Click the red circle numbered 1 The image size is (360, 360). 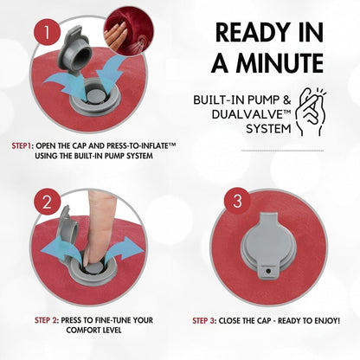[x=47, y=32]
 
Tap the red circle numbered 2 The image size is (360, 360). [x=48, y=202]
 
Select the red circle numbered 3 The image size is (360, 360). [x=237, y=201]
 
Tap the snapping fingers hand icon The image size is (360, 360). [x=311, y=112]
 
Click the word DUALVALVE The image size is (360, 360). [x=248, y=114]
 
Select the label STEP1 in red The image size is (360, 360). [x=22, y=145]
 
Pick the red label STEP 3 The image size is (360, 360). [x=204, y=321]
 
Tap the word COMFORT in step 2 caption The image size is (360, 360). [x=83, y=331]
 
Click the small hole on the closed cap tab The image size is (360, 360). [x=268, y=271]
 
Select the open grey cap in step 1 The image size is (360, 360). [x=74, y=49]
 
